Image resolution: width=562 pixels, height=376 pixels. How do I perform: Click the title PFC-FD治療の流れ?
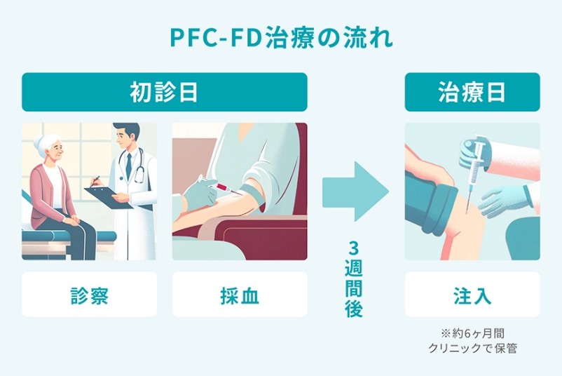(x=281, y=37)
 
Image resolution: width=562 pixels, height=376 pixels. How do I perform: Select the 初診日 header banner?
(x=165, y=92)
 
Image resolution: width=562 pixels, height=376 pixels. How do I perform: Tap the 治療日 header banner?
(x=472, y=92)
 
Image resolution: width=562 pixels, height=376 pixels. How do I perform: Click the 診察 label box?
(x=90, y=295)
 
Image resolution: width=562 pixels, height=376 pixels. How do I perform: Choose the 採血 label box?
(x=240, y=295)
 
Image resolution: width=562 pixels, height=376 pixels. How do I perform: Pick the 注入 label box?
(x=472, y=295)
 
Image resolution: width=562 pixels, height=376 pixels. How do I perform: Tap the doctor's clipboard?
(x=108, y=196)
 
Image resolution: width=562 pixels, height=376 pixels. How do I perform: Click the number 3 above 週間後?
(x=355, y=248)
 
